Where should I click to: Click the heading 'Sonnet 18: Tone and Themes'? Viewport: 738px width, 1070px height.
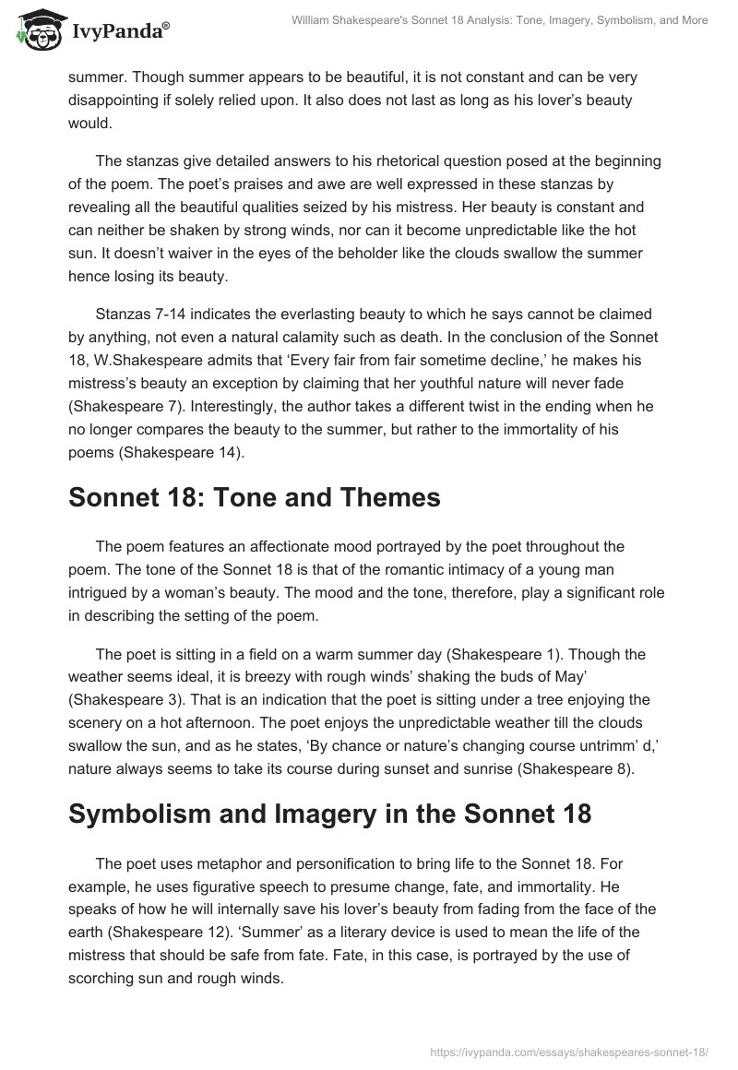click(255, 499)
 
